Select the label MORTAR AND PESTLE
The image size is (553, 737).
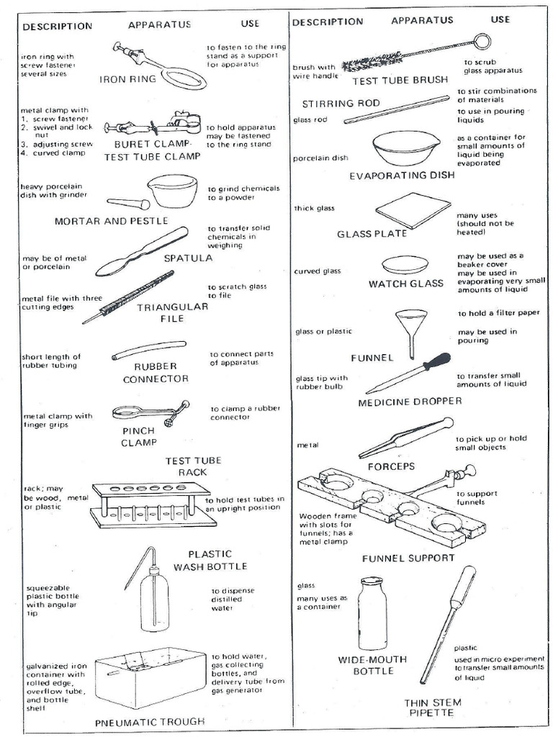pyautogui.click(x=111, y=221)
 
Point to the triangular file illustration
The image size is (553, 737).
pyautogui.click(x=130, y=296)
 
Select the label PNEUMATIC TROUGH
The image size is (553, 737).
pyautogui.click(x=150, y=721)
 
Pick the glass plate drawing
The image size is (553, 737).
pyautogui.click(x=413, y=209)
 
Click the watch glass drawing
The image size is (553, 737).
pyautogui.click(x=405, y=264)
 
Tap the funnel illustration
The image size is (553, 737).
pyautogui.click(x=411, y=327)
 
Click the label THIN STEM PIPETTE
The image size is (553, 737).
pyautogui.click(x=432, y=707)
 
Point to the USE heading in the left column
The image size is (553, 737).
pyautogui.click(x=250, y=23)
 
